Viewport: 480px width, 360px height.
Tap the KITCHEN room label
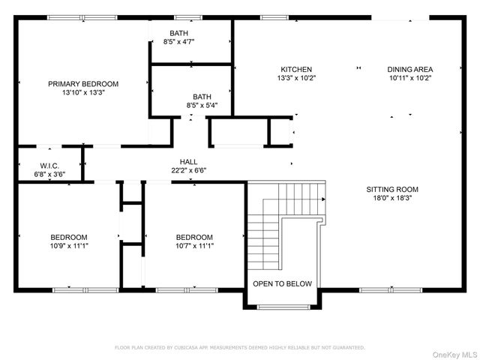point(296,69)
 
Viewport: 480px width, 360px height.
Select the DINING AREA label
point(410,69)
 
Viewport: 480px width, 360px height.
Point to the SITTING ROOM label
point(392,189)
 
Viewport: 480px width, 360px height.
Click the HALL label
point(188,161)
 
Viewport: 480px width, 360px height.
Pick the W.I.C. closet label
point(49,166)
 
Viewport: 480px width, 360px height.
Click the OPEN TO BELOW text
point(283,283)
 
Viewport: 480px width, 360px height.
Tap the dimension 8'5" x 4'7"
point(178,42)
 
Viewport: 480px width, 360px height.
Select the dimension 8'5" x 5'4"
point(202,106)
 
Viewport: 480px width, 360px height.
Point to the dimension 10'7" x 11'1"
point(194,245)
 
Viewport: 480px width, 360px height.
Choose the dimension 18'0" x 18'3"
point(392,198)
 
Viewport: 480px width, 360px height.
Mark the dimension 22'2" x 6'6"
point(188,170)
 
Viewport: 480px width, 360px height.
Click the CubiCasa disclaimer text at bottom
point(239,347)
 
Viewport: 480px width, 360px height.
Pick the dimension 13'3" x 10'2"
point(296,78)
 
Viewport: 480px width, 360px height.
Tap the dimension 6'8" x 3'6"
point(49,174)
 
